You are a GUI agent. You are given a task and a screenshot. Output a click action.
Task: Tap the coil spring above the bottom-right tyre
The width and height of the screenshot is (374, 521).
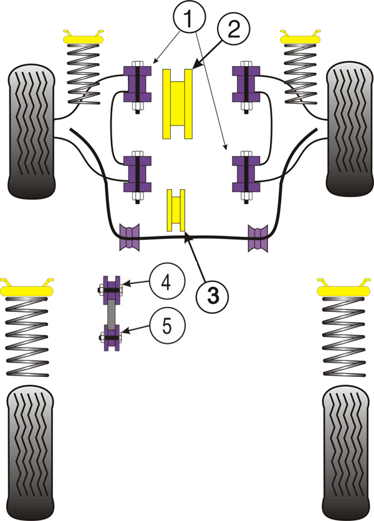[345, 337]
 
